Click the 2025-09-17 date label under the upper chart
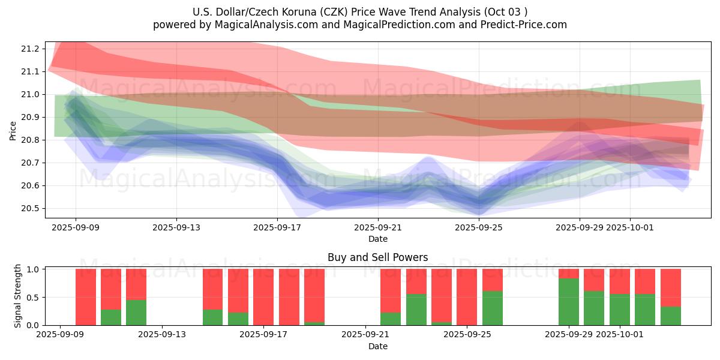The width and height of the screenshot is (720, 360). (x=277, y=227)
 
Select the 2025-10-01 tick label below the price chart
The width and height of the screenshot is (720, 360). (x=630, y=227)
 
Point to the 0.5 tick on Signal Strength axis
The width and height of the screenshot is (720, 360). (x=34, y=298)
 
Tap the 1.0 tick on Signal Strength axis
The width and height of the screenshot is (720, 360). (x=34, y=269)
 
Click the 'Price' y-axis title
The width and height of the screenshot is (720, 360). (x=13, y=130)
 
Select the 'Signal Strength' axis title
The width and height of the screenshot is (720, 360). (x=18, y=296)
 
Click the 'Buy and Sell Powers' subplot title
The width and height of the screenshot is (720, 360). (x=377, y=257)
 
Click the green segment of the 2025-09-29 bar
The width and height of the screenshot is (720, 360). (x=568, y=302)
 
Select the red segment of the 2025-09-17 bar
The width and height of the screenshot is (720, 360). (x=263, y=296)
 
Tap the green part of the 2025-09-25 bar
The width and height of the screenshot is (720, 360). (x=492, y=308)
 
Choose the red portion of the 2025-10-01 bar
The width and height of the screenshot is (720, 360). (x=619, y=281)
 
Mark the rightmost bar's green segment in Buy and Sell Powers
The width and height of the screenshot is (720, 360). (x=670, y=316)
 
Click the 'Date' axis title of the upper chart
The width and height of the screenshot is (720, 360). (x=377, y=239)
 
